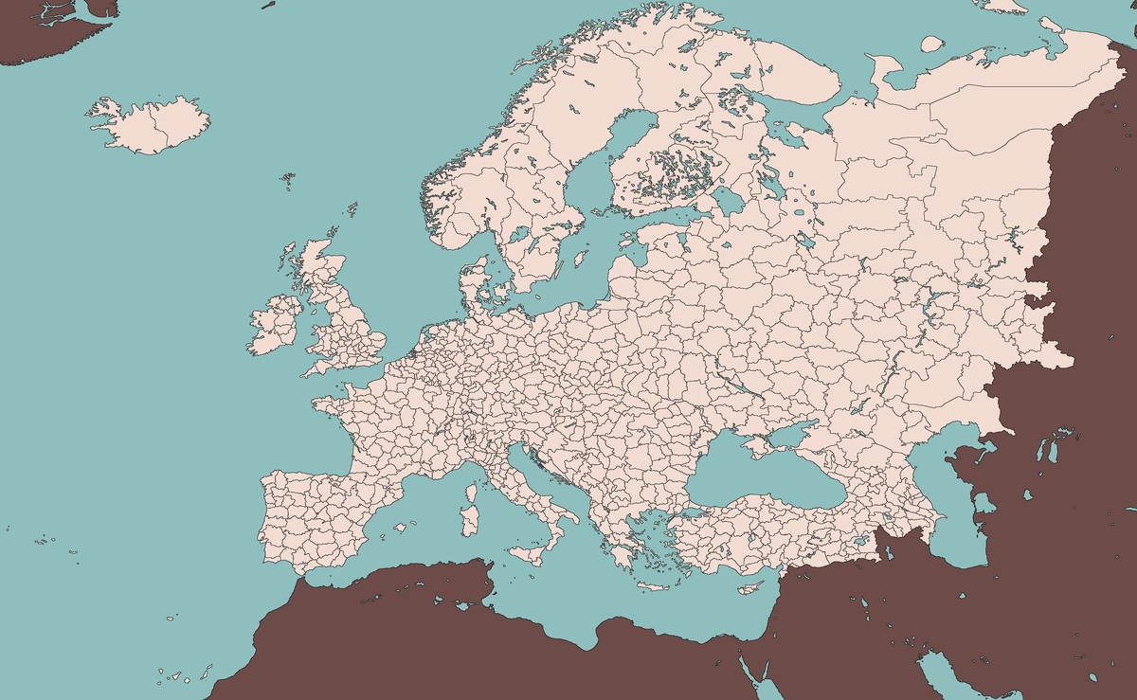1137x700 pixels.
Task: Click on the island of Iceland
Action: click(x=152, y=123)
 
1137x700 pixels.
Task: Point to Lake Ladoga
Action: click(x=729, y=200)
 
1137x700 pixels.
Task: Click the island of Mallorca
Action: click(x=401, y=527)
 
